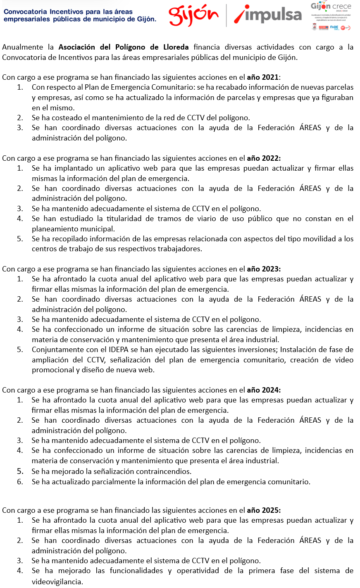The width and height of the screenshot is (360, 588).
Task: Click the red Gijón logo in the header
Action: pos(193,15)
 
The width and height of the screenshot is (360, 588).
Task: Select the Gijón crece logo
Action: pos(331,16)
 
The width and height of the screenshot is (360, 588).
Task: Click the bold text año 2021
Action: pos(263,77)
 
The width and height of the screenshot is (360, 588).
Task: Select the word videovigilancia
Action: pos(57,581)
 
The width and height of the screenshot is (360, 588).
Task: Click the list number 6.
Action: pos(20,481)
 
